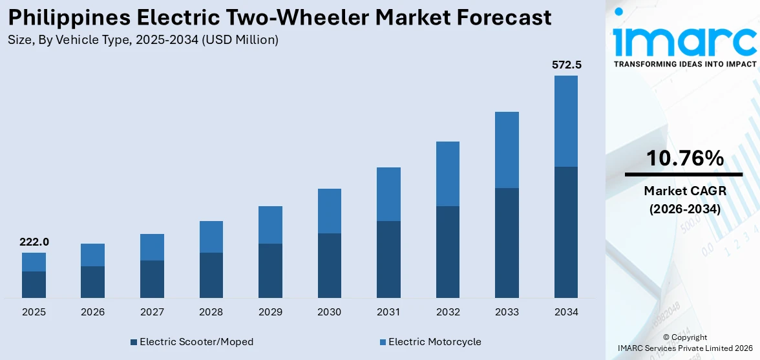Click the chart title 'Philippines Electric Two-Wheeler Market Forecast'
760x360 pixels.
pyautogui.click(x=280, y=17)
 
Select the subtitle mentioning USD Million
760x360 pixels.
pyautogui.click(x=143, y=40)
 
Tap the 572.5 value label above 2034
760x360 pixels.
pyautogui.click(x=566, y=65)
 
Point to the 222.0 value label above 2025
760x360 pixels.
pyautogui.click(x=34, y=242)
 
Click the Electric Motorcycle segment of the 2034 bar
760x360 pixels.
pyautogui.click(x=566, y=121)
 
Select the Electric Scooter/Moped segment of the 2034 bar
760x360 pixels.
pyautogui.click(x=566, y=232)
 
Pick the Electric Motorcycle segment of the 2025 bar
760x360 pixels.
pyautogui.click(x=34, y=262)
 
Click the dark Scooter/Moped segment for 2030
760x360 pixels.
pyautogui.click(x=329, y=265)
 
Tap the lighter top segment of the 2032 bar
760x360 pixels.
pyautogui.click(x=448, y=173)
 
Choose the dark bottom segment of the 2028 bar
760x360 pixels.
pyautogui.click(x=211, y=275)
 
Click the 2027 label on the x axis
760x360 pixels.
pyautogui.click(x=152, y=312)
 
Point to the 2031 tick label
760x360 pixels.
pyautogui.click(x=388, y=312)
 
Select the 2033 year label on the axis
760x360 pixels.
pyautogui.click(x=507, y=312)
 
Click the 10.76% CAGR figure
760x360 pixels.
pyautogui.click(x=684, y=158)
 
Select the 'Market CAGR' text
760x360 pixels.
pyautogui.click(x=684, y=191)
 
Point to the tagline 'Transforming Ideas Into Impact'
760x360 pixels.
pyautogui.click(x=684, y=64)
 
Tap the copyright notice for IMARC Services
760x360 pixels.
pyautogui.click(x=684, y=343)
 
